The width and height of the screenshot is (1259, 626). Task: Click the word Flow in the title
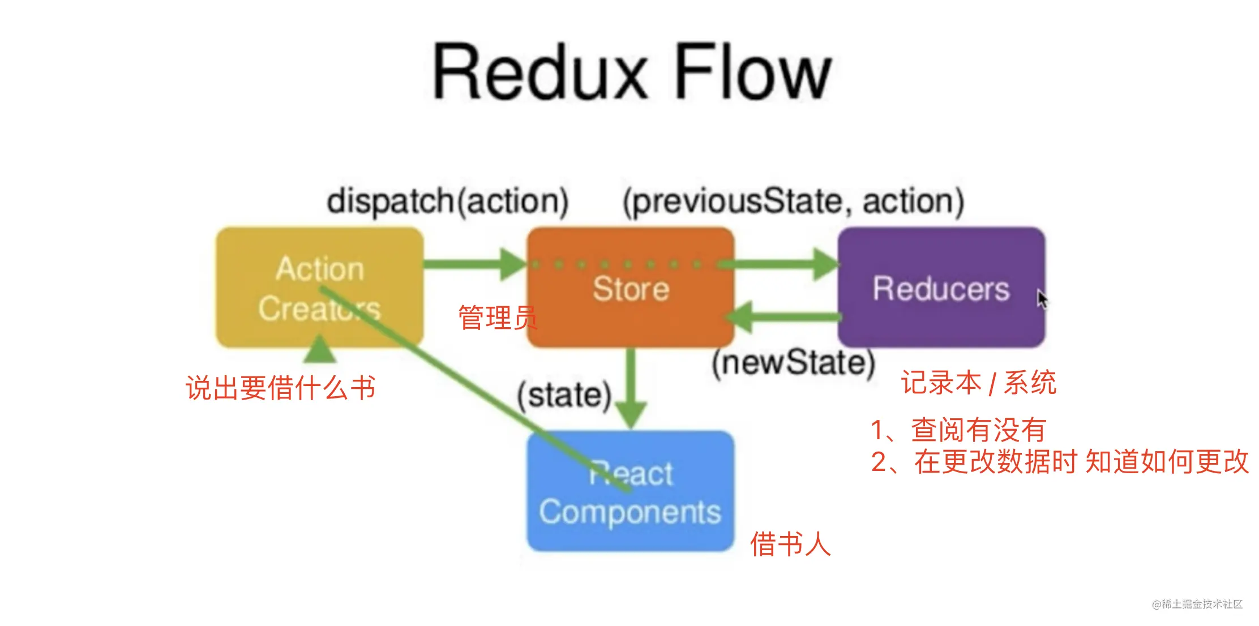click(x=753, y=72)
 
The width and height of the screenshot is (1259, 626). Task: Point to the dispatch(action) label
click(x=447, y=201)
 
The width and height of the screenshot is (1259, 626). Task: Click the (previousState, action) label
click(x=793, y=201)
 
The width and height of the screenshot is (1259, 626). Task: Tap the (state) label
click(x=564, y=395)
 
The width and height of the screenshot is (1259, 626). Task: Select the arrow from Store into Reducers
click(x=781, y=264)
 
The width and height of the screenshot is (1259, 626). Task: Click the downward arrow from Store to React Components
click(x=631, y=391)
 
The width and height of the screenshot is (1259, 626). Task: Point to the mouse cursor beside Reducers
click(x=1042, y=298)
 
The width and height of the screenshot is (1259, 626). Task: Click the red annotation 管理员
click(x=497, y=318)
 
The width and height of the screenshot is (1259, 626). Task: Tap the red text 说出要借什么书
click(x=281, y=388)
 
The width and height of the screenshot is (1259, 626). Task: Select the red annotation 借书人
click(x=790, y=544)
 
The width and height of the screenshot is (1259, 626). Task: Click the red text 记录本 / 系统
click(x=978, y=383)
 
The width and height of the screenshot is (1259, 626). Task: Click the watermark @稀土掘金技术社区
click(x=1197, y=604)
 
